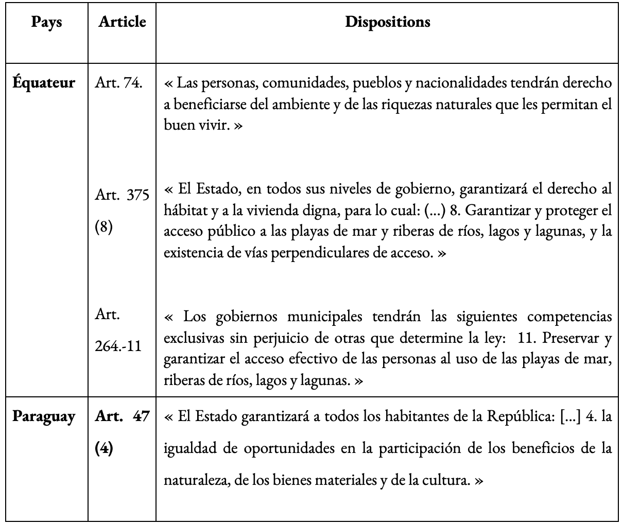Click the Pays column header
pyautogui.click(x=46, y=22)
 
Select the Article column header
pyautogui.click(x=122, y=22)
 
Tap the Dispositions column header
pyautogui.click(x=387, y=22)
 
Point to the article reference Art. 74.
pyautogui.click(x=119, y=82)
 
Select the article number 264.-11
pyautogui.click(x=118, y=346)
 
